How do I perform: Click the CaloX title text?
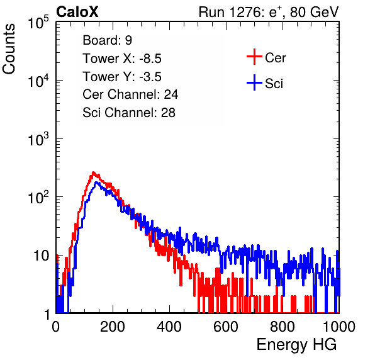coord(77,12)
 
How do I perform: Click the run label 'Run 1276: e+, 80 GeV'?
coord(269,12)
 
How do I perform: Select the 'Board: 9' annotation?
coord(108,40)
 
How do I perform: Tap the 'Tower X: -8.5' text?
coord(122,59)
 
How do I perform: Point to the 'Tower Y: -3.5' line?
coord(122,77)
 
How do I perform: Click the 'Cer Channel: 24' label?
coord(130,94)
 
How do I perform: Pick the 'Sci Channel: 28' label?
coord(129,113)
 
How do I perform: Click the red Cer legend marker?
coord(254,57)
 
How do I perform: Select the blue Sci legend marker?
coord(254,82)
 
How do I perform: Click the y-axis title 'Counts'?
coord(9,49)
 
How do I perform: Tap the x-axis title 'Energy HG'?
coord(296,345)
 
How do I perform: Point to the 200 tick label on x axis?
coord(113,327)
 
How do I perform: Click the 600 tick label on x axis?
coord(226,327)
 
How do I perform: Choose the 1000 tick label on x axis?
coord(339,327)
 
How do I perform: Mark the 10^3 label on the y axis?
coord(38,139)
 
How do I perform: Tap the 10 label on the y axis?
coord(42,256)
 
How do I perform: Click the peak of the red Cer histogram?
coord(94,172)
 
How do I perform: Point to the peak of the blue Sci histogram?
coord(96,183)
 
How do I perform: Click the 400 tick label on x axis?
coord(169,327)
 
